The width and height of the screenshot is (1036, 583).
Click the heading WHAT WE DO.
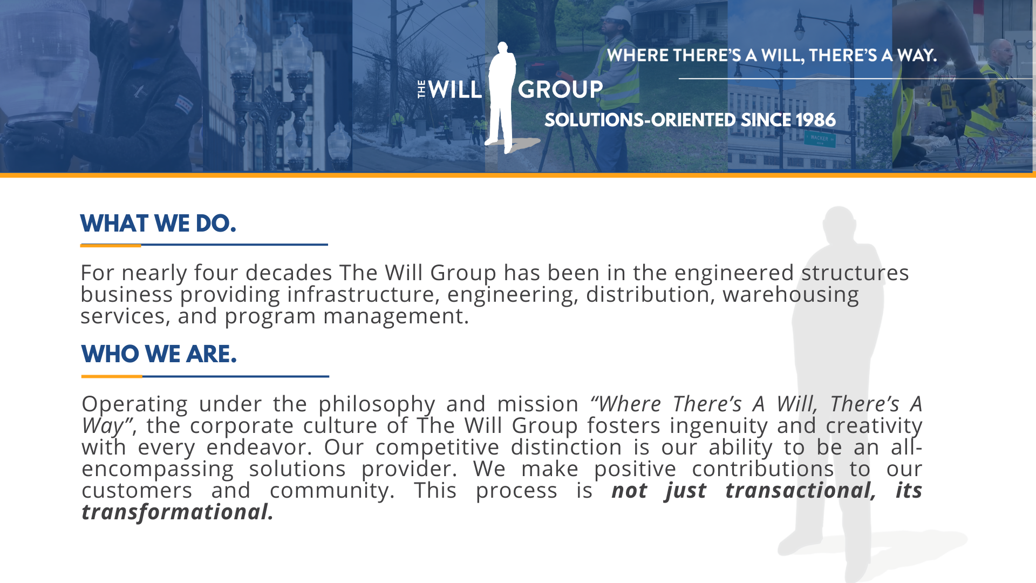coord(158,223)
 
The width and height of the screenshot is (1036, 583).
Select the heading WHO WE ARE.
coord(159,354)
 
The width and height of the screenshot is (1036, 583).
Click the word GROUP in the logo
coord(560,90)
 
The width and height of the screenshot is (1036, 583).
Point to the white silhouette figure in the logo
coord(502,97)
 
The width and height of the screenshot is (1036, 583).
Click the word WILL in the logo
coord(455,90)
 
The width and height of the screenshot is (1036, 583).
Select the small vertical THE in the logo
coord(422,90)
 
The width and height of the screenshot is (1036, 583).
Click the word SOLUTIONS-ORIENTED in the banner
coord(639,120)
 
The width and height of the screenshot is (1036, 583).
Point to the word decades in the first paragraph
coord(289,273)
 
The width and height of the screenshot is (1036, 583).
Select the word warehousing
coord(790,294)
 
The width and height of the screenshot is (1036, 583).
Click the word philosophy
coord(377,404)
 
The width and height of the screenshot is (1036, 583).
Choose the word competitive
coord(437,447)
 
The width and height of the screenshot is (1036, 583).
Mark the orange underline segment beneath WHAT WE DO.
coord(111,245)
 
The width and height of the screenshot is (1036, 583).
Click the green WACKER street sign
coord(820,139)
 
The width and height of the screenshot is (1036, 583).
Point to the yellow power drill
coord(952,103)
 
